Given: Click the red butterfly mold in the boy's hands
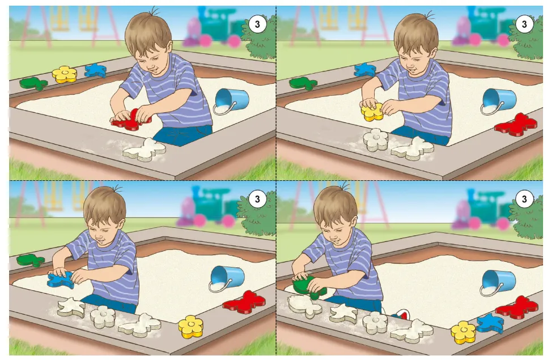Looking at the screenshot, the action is pyautogui.click(x=131, y=120).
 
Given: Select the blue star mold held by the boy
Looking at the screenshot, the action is pyautogui.click(x=61, y=279).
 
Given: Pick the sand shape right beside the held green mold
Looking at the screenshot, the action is pyautogui.click(x=305, y=306).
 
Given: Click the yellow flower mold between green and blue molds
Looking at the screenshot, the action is pyautogui.click(x=65, y=74).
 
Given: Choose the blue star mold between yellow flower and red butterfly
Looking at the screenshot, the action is pyautogui.click(x=490, y=323).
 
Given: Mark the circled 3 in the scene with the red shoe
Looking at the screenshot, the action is pyautogui.click(x=524, y=199).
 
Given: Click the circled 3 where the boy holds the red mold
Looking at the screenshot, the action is pyautogui.click(x=257, y=24).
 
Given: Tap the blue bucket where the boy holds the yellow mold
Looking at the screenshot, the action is pyautogui.click(x=498, y=101).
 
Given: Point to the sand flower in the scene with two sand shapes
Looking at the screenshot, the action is pyautogui.click(x=376, y=139).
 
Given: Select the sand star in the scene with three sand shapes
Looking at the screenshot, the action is pyautogui.click(x=71, y=307).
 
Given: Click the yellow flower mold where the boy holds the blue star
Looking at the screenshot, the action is pyautogui.click(x=190, y=327).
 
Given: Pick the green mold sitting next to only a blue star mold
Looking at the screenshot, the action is pyautogui.click(x=303, y=83).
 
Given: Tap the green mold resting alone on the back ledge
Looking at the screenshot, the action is pyautogui.click(x=31, y=260).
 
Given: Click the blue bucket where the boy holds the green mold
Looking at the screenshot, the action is pyautogui.click(x=498, y=282).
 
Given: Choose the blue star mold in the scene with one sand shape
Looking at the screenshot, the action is pyautogui.click(x=95, y=70).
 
